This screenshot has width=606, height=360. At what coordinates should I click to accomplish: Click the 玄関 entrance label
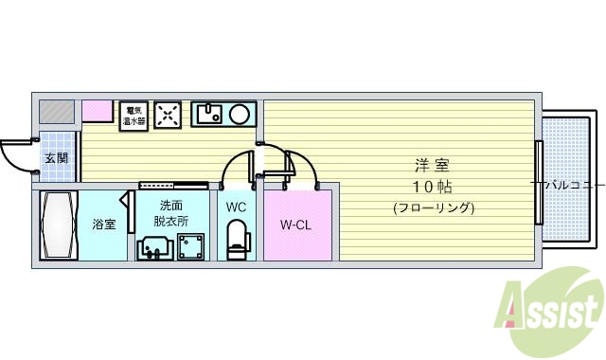[x=56, y=158]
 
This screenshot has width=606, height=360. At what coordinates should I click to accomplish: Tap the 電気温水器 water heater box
[x=134, y=115]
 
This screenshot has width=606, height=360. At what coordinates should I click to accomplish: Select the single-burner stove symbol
[x=169, y=114]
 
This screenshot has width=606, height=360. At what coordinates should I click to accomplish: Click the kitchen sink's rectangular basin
[x=209, y=115]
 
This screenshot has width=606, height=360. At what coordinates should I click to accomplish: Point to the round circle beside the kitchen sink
[x=241, y=115]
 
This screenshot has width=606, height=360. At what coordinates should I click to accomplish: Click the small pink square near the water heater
[x=98, y=110]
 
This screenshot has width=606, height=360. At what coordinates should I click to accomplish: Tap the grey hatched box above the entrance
[x=56, y=111]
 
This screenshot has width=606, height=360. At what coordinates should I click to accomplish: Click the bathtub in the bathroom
[x=57, y=225]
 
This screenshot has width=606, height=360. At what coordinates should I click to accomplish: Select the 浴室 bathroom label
[x=103, y=225]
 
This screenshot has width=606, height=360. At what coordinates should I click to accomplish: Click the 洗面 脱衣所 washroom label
[x=171, y=213]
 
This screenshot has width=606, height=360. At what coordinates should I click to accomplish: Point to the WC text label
[x=237, y=205]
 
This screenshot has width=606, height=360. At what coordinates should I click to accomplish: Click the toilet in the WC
[x=237, y=238]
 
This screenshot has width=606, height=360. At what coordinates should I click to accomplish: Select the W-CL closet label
[x=297, y=225]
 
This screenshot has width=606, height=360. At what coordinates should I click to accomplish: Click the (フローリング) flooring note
[x=432, y=207]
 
